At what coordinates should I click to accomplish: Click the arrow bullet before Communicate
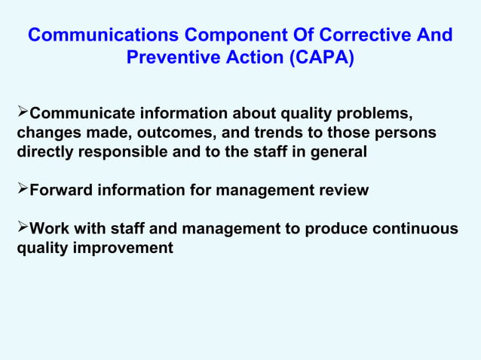tap(22, 114)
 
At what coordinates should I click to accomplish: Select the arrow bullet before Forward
tap(22, 190)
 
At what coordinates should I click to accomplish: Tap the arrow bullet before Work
tap(22, 228)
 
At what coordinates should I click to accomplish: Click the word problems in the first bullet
tap(373, 114)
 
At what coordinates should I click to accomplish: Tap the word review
tap(343, 191)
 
